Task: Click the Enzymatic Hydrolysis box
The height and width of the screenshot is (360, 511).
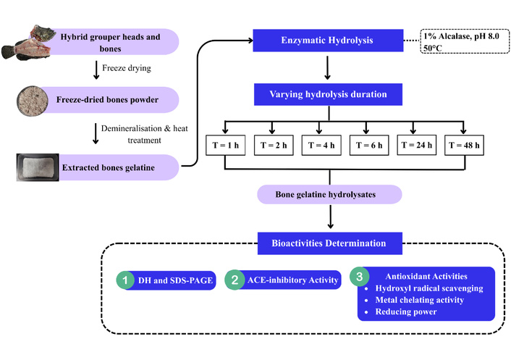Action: click(x=328, y=41)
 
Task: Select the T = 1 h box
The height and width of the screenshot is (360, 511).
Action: click(x=226, y=145)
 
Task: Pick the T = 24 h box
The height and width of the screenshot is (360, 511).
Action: click(x=416, y=145)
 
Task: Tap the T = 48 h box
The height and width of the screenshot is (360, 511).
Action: click(x=464, y=145)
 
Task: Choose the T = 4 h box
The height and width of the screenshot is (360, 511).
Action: click(x=321, y=145)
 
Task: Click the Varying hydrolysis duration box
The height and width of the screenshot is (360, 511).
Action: click(x=328, y=94)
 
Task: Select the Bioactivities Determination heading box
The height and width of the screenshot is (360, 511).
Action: click(x=330, y=243)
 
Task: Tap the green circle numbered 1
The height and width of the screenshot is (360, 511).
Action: click(x=125, y=280)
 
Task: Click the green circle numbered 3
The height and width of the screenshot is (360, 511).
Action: click(x=360, y=277)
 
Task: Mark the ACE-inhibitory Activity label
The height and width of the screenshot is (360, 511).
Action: click(x=292, y=280)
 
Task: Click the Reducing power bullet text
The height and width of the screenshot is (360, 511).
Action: click(x=406, y=311)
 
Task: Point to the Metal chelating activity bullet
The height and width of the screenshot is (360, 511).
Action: click(x=419, y=300)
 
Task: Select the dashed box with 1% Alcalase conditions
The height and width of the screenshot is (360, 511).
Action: click(x=465, y=41)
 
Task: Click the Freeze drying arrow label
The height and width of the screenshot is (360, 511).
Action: click(x=127, y=68)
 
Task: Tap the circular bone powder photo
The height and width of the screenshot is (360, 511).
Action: click(x=33, y=101)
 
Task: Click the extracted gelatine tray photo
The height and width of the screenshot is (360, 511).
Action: click(x=38, y=167)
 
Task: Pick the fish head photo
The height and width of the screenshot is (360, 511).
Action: click(x=27, y=43)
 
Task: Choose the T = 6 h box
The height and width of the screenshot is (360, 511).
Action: click(x=369, y=145)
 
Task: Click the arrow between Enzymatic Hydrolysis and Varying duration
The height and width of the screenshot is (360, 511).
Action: click(x=328, y=68)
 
